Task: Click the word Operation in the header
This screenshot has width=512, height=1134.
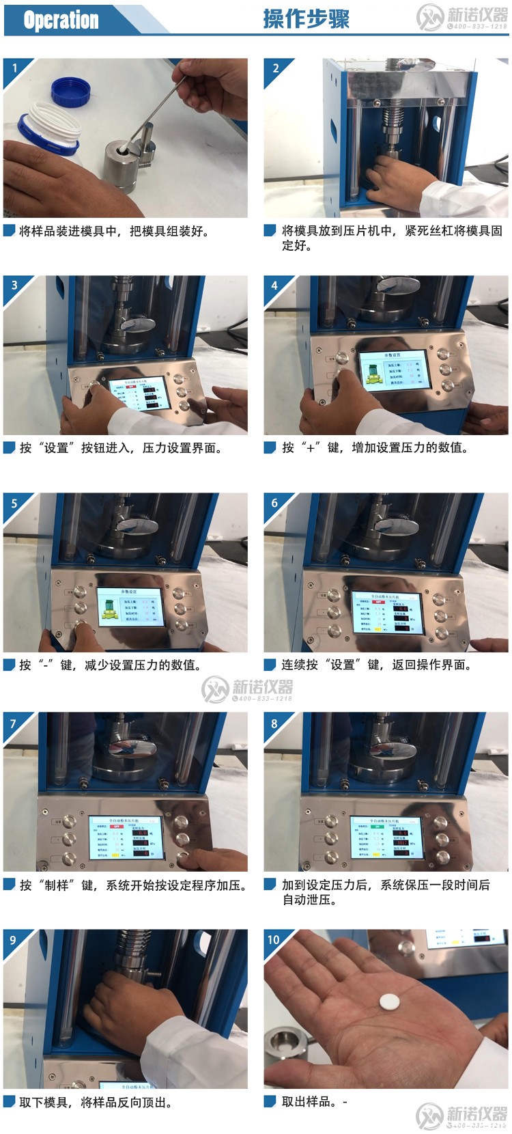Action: pyautogui.click(x=61, y=20)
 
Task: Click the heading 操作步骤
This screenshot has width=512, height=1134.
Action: pyautogui.click(x=306, y=18)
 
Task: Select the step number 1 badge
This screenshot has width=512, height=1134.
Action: pyautogui.click(x=14, y=68)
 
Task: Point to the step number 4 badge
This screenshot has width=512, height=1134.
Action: pyautogui.click(x=274, y=286)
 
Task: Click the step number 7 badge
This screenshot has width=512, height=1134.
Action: pyautogui.click(x=14, y=723)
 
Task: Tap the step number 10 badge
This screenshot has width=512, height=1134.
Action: pyautogui.click(x=274, y=939)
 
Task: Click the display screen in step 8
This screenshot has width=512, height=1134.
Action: pyautogui.click(x=387, y=838)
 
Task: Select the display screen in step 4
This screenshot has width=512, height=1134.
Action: pyautogui.click(x=393, y=371)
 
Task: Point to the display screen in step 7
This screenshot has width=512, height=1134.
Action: pyautogui.click(x=125, y=838)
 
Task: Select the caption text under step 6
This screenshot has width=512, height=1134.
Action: pyautogui.click(x=375, y=665)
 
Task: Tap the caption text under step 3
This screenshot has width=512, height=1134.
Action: pyautogui.click(x=120, y=448)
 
